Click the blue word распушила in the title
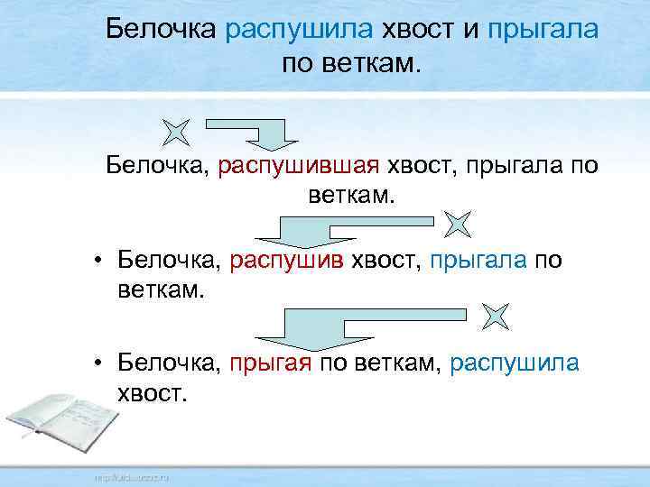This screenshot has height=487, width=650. (299, 30)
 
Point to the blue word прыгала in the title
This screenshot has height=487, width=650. (542, 30)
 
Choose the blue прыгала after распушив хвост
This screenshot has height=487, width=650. (479, 262)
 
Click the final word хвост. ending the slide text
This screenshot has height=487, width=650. (151, 394)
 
